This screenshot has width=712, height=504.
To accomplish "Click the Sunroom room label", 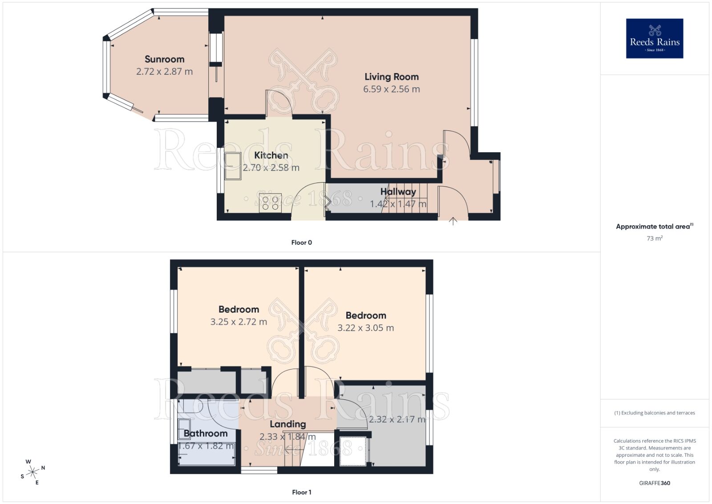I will point(164,59).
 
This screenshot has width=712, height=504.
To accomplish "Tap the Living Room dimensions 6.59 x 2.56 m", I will point(391,89).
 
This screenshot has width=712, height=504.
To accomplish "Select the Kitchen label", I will point(271,155).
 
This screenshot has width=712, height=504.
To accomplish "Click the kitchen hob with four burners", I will point(270,203).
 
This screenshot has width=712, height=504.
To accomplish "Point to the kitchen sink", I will point(233,166).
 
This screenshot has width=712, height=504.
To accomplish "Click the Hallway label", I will point(398,192).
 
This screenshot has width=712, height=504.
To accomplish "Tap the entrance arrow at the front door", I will point(453,221).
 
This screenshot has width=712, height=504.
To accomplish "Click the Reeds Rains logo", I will point(654,38).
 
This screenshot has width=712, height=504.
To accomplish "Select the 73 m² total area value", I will point(654,239).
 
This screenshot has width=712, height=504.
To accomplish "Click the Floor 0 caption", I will point(301,243).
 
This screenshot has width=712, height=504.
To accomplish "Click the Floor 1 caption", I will point(301,492).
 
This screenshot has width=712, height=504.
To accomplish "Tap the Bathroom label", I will point(205,434).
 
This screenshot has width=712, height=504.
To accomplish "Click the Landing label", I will point(287,424).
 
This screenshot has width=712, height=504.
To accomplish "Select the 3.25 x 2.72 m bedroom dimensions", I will point(239,322).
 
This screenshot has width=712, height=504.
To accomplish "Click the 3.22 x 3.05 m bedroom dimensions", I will point(365,328).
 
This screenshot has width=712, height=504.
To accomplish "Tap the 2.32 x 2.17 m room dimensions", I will point(397,419).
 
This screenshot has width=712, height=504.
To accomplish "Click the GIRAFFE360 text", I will point(654,483).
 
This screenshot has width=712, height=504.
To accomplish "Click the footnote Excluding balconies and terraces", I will point(654,413).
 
